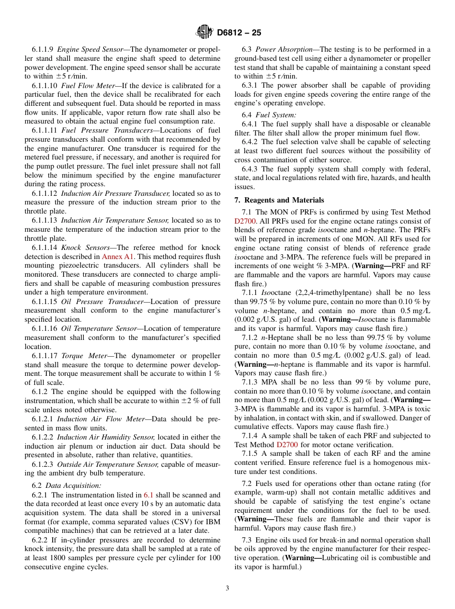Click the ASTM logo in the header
click(x=205, y=33)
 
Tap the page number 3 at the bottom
click(x=227, y=588)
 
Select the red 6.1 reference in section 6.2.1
click(x=148, y=495)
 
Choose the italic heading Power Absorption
click(x=283, y=49)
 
